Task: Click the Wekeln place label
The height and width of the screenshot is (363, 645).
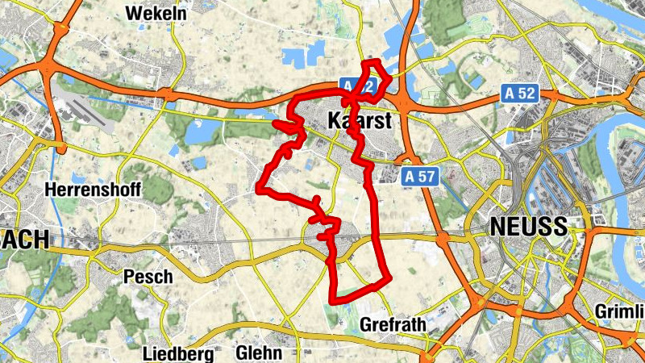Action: [x=156, y=14]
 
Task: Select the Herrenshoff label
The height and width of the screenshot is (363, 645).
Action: [x=94, y=190]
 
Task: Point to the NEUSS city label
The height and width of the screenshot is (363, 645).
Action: [x=528, y=227]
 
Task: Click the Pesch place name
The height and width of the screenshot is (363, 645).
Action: [x=148, y=277]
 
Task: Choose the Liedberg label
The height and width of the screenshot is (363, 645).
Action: [x=177, y=353]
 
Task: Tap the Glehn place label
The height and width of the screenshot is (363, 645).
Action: [x=259, y=353]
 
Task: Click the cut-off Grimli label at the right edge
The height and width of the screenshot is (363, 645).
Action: [x=619, y=312]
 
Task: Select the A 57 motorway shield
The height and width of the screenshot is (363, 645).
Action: [x=421, y=175]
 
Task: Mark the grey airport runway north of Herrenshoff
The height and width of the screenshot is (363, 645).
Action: [x=84, y=113]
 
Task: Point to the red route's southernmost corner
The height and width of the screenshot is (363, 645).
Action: [x=332, y=301]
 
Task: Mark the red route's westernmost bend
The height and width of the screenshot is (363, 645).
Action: [x=259, y=190]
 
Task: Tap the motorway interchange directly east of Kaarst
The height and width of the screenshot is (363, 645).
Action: [x=402, y=102]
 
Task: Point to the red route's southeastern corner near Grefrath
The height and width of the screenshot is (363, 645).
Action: [x=388, y=279]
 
